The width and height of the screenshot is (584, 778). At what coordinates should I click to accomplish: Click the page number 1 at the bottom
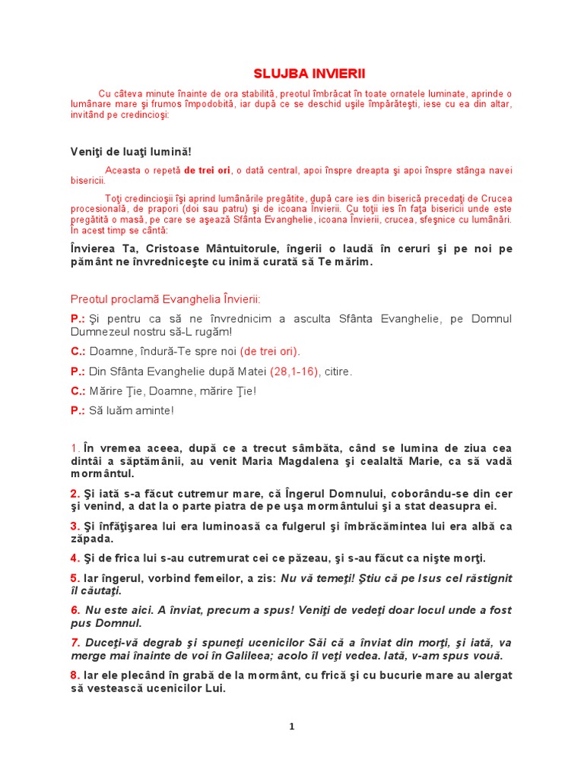(291, 726)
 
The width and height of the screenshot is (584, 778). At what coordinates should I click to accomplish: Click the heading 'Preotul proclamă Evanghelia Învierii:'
(165, 299)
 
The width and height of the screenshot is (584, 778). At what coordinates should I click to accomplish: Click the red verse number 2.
(75, 494)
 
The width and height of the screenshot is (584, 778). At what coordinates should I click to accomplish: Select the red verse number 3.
(75, 526)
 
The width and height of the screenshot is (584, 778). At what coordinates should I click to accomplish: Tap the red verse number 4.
(75, 558)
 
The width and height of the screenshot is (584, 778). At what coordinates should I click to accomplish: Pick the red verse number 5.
(75, 578)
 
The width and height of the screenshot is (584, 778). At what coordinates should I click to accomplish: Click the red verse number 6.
(75, 610)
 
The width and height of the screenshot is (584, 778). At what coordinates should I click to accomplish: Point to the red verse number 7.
(75, 642)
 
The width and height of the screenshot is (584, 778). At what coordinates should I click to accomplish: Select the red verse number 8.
(75, 675)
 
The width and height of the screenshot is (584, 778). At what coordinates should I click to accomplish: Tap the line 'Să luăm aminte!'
(132, 411)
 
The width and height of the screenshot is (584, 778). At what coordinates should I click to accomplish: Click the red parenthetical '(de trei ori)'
(270, 351)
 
